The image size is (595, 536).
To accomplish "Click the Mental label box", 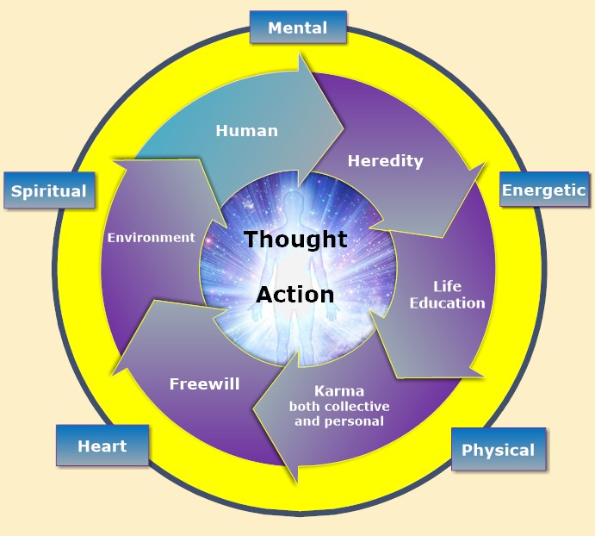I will (x=298, y=28).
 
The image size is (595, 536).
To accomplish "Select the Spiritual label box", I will (x=49, y=190).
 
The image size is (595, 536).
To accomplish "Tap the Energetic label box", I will (x=543, y=190).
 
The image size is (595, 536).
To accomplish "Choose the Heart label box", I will (x=102, y=446).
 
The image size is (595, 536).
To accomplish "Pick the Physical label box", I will (x=498, y=450).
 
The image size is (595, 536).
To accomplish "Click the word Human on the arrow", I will (x=246, y=131).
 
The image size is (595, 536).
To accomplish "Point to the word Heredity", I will (x=385, y=160).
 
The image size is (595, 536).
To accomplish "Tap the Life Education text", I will (x=447, y=295).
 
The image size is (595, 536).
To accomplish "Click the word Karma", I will (x=339, y=390).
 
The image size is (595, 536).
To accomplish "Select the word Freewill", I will (x=204, y=383).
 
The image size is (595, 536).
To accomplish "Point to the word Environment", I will (x=151, y=237).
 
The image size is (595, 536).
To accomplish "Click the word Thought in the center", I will (x=295, y=240).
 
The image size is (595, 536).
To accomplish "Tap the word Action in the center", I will (x=295, y=295).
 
